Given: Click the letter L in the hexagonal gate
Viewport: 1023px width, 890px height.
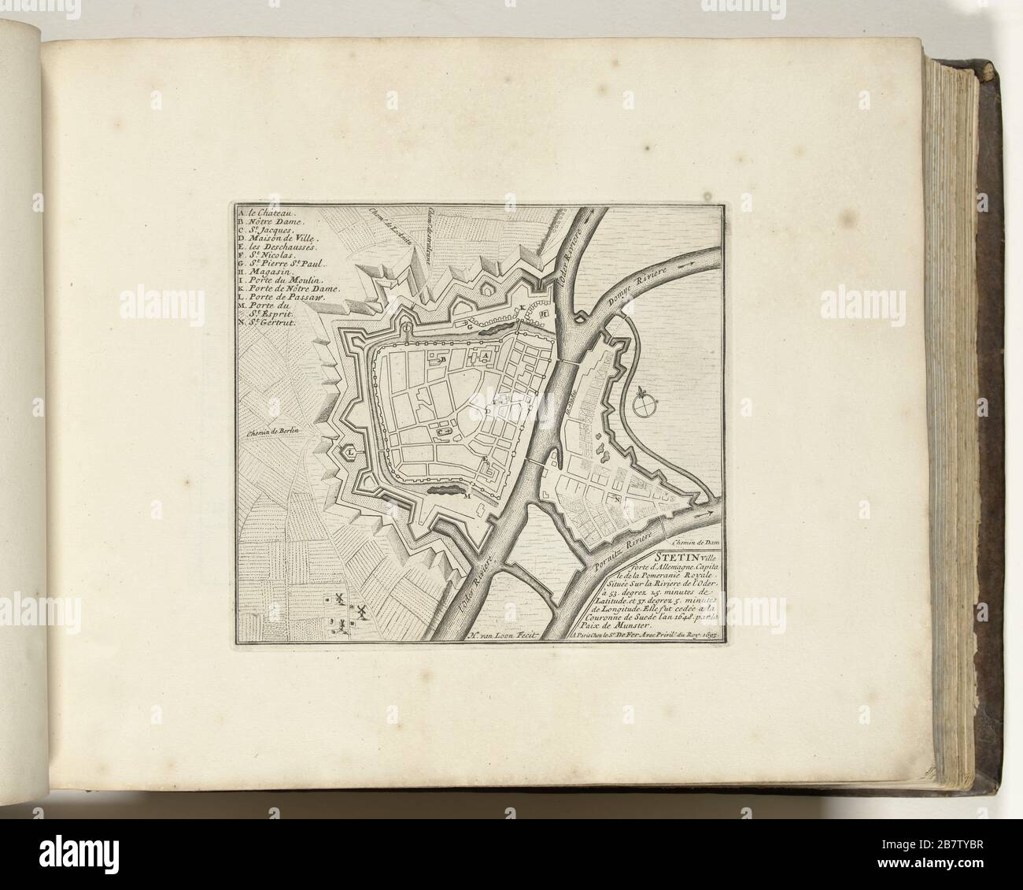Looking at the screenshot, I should (x=347, y=453).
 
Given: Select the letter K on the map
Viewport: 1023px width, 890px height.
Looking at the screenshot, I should (x=521, y=307).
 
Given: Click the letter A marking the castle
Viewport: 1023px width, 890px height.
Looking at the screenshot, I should (x=486, y=356).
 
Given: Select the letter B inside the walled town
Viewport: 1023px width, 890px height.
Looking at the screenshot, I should (x=443, y=359).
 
